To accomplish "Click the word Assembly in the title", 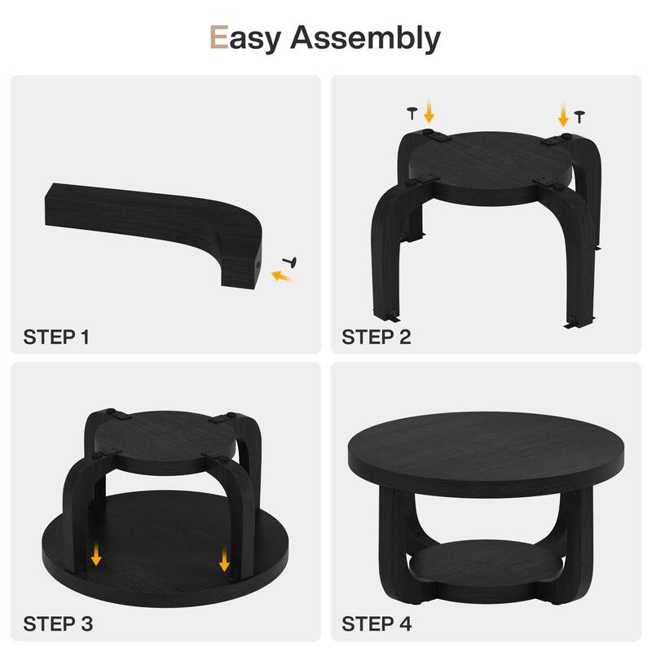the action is pos(365,38).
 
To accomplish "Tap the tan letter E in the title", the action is pos(219,37).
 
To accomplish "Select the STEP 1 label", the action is pos(56,337).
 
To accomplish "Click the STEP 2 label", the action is pos(377,337).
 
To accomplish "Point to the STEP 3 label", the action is pos(58,624).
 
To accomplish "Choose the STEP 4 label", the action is pos(377,624).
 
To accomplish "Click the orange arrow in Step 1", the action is pos(282,276).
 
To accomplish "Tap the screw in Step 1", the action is pos(290,262).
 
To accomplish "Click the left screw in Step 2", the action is pos(412,113).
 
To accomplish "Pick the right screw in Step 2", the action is pos(579,117).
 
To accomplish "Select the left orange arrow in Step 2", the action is pos(430,112).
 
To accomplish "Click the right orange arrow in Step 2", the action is pos(563,115).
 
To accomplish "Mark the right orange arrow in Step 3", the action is pos(225,559).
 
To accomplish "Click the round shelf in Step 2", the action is pos(490,166).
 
